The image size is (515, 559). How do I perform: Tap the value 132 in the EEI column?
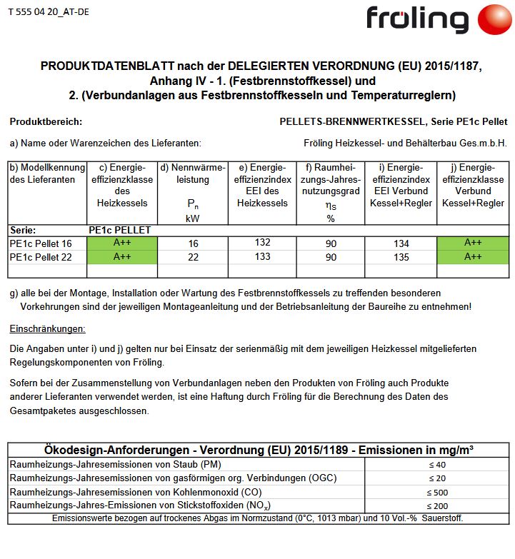point(262,243)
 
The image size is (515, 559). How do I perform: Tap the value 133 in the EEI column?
point(262,256)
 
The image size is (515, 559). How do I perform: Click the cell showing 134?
point(401,243)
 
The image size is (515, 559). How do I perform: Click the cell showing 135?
point(401,256)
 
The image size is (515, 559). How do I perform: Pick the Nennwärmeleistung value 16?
point(192,243)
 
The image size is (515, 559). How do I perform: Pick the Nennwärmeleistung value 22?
point(192,256)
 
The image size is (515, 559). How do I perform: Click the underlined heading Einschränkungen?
point(47,329)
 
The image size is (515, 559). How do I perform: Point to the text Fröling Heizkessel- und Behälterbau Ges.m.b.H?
point(405,143)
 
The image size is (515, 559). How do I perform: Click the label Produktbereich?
point(46,122)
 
